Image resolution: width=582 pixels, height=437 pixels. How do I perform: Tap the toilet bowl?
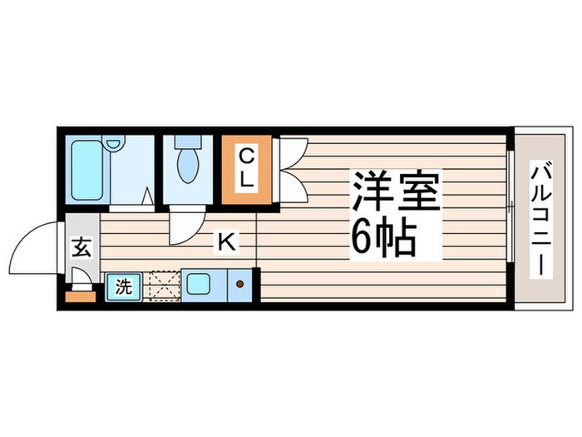pyautogui.click(x=189, y=166)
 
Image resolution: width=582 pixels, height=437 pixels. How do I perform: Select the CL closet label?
pyautogui.click(x=247, y=167)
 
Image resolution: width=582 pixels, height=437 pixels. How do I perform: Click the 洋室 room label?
pyautogui.click(x=394, y=194)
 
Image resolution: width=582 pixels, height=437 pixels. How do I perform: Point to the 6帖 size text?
pyautogui.click(x=384, y=240)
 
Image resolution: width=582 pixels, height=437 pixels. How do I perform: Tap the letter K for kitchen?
pyautogui.click(x=225, y=242)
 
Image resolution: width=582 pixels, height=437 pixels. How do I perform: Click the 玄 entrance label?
pyautogui.click(x=81, y=249)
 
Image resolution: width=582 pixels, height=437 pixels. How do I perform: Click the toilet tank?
pyautogui.click(x=189, y=142)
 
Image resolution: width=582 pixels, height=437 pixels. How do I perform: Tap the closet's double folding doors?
pyautogui.click(x=291, y=169)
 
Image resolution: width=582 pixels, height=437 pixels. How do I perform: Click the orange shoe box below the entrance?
pyautogui.click(x=80, y=294)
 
